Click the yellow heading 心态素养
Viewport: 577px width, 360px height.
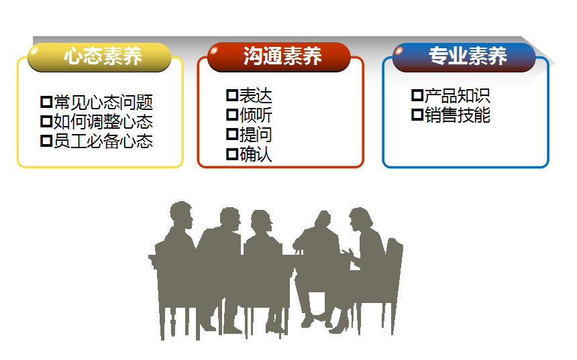tap(103, 56)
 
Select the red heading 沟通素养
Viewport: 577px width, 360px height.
tap(282, 56)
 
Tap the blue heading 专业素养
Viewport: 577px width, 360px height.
tap(468, 56)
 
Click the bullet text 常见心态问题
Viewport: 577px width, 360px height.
tap(103, 102)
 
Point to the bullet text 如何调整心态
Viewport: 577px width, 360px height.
tap(103, 122)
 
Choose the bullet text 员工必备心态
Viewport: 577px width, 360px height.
tap(103, 141)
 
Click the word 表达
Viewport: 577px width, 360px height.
tap(256, 96)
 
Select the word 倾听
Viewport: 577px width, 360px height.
tap(256, 115)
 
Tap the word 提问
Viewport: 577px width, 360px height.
tap(256, 135)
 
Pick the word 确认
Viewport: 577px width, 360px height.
tap(256, 154)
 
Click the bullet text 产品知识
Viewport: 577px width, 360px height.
tap(458, 96)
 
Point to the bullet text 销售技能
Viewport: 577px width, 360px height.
tap(458, 115)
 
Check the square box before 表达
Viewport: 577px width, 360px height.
tap(232, 95)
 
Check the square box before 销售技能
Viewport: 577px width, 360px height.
tap(417, 115)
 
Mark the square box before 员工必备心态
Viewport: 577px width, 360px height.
tap(46, 141)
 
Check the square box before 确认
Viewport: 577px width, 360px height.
tap(232, 154)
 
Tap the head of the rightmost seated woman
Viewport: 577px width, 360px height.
tap(360, 219)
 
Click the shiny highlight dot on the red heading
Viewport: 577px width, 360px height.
tap(214, 50)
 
